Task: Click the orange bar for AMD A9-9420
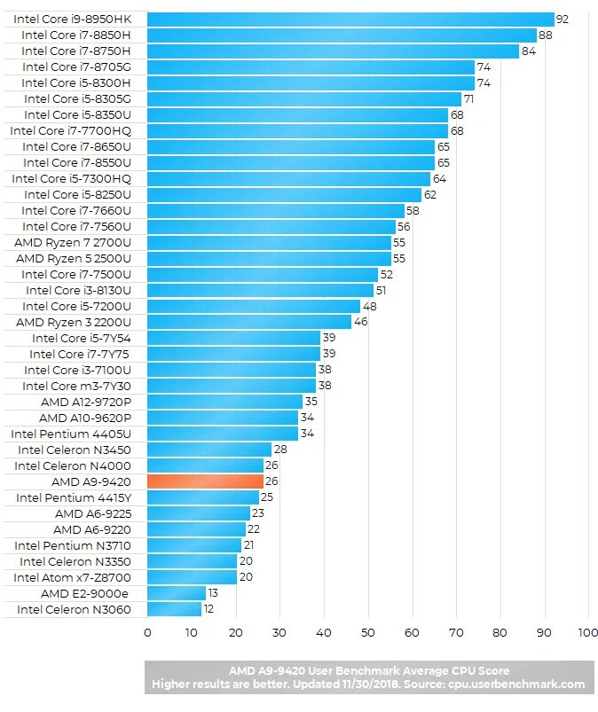tap(205, 481)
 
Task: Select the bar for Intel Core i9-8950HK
tap(350, 19)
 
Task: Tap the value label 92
tap(562, 19)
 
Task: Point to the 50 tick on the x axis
tap(367, 632)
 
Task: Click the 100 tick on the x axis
tap(587, 632)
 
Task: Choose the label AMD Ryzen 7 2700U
tap(73, 242)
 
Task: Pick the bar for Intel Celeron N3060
tap(174, 609)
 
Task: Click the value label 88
tap(545, 35)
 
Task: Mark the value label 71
tap(468, 98)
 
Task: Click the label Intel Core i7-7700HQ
tap(71, 130)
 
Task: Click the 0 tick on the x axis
tap(147, 632)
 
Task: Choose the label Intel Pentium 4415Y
tap(74, 497)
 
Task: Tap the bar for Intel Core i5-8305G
tap(304, 98)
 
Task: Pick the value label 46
tap(360, 322)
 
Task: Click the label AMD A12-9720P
tap(85, 402)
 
